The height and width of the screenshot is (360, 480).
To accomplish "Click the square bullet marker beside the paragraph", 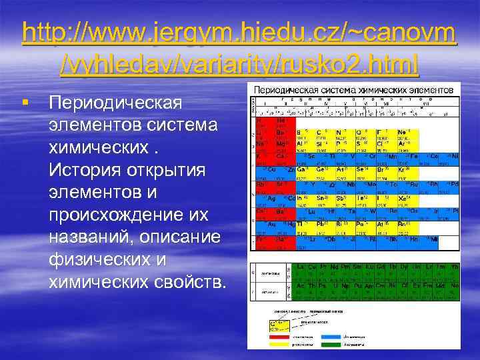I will [x=25, y=103].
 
